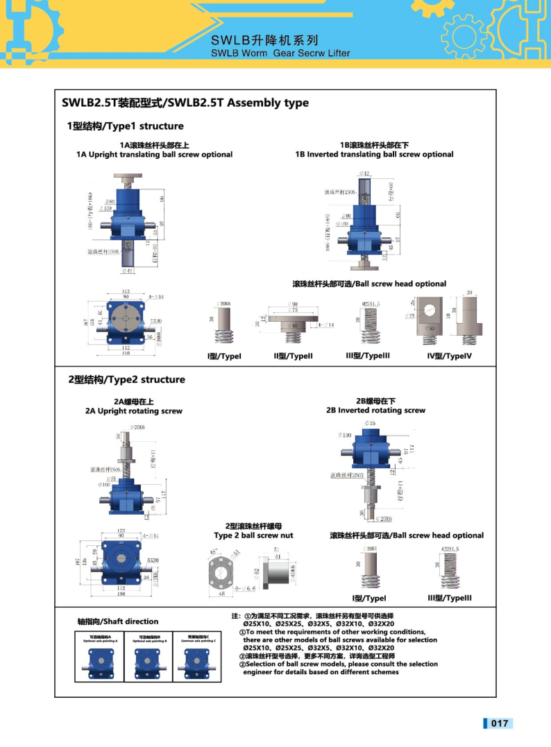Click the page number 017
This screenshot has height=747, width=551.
[x=500, y=723]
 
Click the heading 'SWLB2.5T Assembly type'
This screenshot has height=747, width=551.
[x=185, y=103]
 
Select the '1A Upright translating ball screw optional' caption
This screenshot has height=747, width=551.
[x=154, y=154]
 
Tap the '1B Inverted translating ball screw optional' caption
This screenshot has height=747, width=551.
[x=374, y=154]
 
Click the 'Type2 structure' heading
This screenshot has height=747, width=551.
[x=126, y=379]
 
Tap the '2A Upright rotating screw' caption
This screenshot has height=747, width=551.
[x=134, y=411]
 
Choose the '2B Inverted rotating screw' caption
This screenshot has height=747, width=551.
[x=375, y=410]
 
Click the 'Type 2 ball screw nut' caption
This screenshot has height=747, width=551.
[x=253, y=535]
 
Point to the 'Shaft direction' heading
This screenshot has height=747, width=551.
[x=118, y=621]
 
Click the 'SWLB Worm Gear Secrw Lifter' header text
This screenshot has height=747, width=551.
[x=280, y=53]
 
